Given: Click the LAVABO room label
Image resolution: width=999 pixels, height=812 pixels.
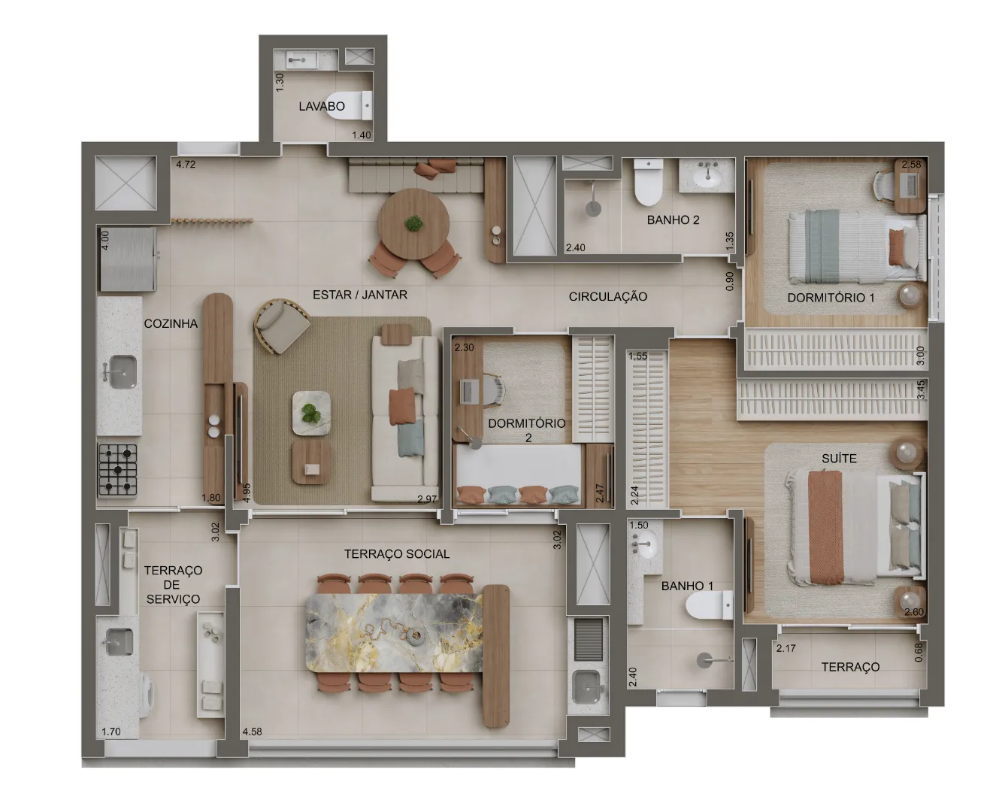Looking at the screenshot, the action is (321, 107).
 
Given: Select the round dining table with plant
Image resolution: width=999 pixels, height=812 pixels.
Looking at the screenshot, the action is (413, 224).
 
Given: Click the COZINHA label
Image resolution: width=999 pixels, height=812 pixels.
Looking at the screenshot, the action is (171, 324).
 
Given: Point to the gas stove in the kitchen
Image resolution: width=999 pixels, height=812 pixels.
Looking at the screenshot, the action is (118, 470).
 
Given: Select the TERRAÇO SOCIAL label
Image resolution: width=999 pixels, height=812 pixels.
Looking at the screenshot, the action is (397, 554).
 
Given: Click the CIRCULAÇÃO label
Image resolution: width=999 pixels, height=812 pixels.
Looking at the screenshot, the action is (608, 296).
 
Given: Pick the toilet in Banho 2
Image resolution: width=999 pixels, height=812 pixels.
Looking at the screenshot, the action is (648, 182).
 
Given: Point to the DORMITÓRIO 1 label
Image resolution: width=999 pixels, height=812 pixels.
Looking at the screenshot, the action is (831, 298).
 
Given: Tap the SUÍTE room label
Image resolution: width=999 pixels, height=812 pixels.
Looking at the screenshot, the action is (839, 459).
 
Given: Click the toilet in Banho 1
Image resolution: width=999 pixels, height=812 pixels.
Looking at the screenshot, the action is (709, 604).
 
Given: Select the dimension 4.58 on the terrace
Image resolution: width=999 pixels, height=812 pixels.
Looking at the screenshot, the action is (252, 732).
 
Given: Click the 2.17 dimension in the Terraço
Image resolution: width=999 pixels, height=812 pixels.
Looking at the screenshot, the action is (786, 648).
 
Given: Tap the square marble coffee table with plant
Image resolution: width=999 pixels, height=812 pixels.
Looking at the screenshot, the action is (311, 413).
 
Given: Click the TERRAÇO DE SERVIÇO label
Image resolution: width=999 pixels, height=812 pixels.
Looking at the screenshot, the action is (173, 584).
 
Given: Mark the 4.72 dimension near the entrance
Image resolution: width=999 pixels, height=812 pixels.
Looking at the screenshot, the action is (186, 164).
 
